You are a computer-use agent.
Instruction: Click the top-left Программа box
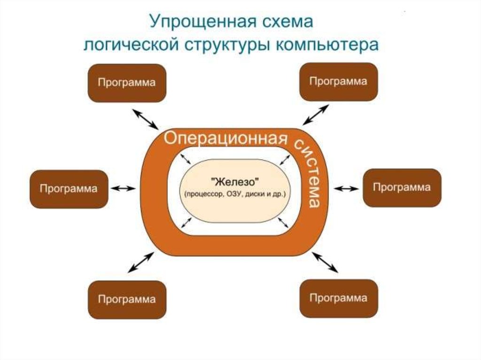tap(126, 83)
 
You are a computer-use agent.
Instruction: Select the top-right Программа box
tap(338, 82)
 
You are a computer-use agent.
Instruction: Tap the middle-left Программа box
tap(69, 189)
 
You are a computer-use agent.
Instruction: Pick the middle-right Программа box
tap(402, 188)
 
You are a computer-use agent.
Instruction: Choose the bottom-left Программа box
tap(126, 299)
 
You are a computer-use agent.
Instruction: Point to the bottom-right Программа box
tap(338, 298)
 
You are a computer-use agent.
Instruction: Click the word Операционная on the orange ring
tap(225, 139)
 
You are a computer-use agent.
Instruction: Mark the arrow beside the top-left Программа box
tap(145, 118)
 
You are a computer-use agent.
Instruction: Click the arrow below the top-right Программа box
tap(315, 115)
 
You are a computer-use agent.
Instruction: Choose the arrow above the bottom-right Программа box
tap(325, 261)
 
